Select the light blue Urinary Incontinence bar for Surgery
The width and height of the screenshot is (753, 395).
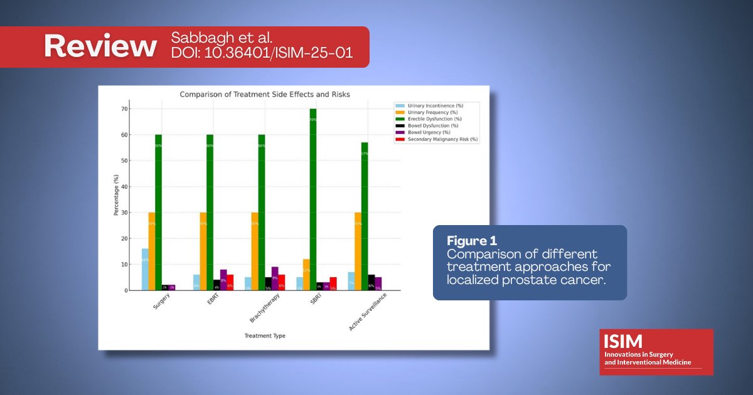tap(145, 270)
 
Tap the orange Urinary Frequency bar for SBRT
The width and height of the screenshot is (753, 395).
tap(306, 275)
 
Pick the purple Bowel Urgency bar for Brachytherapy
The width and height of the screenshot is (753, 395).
tap(275, 278)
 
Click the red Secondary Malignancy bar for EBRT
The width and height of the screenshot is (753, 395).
tap(230, 282)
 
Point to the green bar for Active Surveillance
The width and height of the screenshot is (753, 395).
tap(364, 216)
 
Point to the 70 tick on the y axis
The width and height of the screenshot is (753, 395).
tap(124, 109)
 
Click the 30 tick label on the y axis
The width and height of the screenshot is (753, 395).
tap(124, 213)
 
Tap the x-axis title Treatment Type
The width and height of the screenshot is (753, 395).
tap(264, 336)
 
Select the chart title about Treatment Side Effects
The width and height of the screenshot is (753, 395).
tap(264, 95)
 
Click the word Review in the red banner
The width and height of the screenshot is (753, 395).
tap(100, 46)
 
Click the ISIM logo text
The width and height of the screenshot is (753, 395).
tap(623, 341)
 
